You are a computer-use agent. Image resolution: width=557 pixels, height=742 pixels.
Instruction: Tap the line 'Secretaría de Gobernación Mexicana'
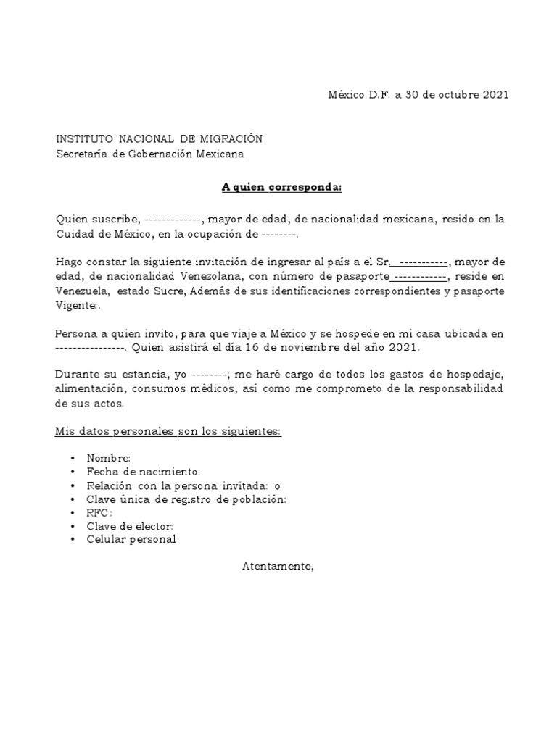click(x=150, y=153)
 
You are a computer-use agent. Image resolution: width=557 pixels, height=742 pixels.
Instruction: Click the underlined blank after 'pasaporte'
click(x=419, y=276)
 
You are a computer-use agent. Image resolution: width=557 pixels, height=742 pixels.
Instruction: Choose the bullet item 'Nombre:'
click(x=108, y=458)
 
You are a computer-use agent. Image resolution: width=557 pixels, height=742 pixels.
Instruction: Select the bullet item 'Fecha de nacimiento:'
click(x=139, y=472)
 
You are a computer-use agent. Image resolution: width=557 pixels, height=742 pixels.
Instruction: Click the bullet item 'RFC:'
click(x=99, y=512)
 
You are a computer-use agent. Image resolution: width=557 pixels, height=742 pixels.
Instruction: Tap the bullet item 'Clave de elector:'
click(x=130, y=526)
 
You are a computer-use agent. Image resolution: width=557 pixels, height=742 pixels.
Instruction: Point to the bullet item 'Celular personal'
click(x=131, y=539)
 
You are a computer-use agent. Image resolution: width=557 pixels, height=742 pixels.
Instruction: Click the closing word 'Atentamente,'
click(x=278, y=566)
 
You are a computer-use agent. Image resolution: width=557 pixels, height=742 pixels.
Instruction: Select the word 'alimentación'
click(x=88, y=389)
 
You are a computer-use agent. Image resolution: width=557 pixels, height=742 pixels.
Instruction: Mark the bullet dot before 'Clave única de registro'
click(x=73, y=499)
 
